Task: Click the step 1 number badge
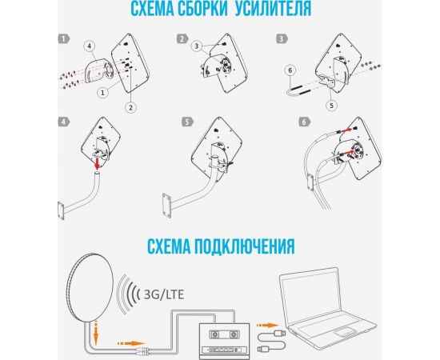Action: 63,38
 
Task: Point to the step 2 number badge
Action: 182,38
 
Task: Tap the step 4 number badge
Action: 63,122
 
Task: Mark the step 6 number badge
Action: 303,122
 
